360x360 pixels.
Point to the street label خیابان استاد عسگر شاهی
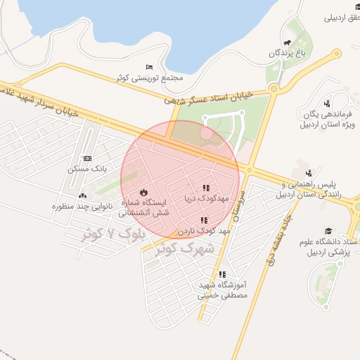coord(221,95)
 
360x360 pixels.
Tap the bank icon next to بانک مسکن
coord(87,158)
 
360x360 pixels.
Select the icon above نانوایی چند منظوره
coord(83,196)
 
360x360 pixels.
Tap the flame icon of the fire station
coord(144,192)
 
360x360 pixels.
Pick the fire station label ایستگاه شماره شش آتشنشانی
coord(146,207)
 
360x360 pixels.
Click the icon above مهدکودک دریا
coord(206,188)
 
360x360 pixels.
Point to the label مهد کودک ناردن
coord(204,231)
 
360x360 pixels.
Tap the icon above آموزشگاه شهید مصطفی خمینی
coord(223,274)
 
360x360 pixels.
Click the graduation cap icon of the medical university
coord(328,231)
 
